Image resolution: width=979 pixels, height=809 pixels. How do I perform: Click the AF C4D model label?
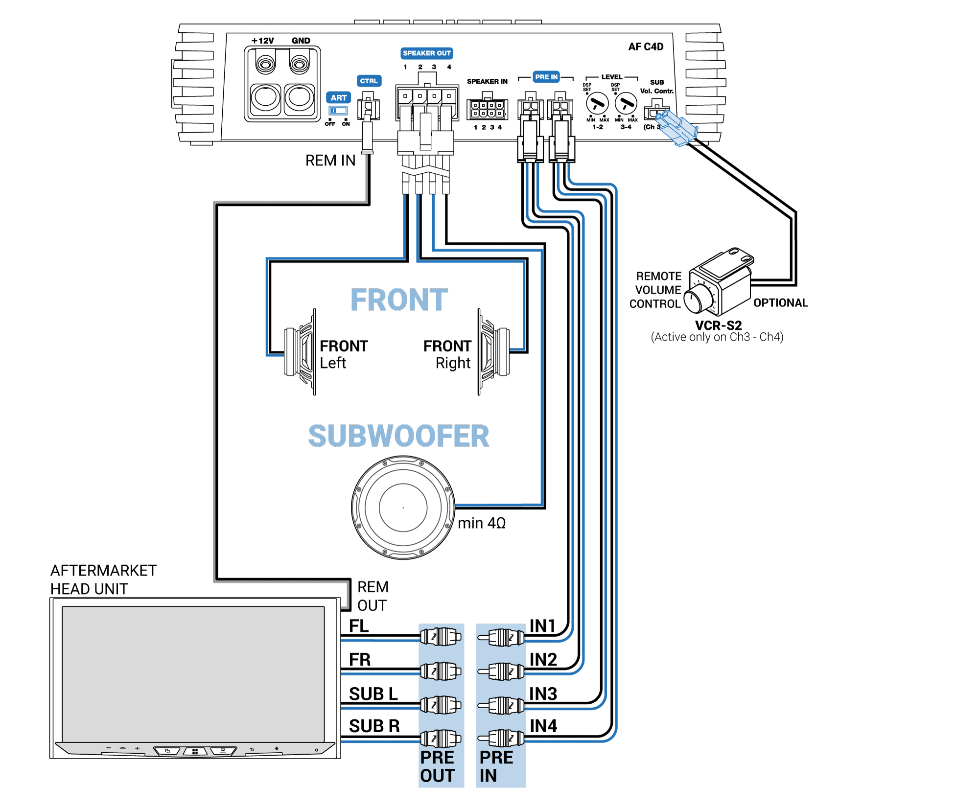coord(646,46)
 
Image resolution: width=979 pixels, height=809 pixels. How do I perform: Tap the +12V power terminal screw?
coord(265,64)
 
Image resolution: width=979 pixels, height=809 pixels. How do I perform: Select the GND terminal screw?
coord(299,64)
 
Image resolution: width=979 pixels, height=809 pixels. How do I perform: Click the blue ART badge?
coord(338,97)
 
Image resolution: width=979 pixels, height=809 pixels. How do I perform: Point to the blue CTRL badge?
coord(369,81)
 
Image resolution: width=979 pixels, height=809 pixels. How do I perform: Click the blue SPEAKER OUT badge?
coord(426,53)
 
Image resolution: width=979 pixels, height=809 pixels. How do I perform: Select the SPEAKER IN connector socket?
coord(487,109)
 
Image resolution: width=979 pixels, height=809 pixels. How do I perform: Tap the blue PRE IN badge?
coord(546,77)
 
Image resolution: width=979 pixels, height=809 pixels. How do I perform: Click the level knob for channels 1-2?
coord(597,104)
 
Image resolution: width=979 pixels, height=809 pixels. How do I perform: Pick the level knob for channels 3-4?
coord(626,104)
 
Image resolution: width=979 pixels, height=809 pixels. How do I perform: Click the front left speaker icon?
coord(300,351)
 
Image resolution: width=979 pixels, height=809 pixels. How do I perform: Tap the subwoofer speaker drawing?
coord(403,508)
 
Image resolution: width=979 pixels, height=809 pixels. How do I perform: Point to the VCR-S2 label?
coord(718,325)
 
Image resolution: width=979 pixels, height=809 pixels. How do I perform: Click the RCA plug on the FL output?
coord(441,637)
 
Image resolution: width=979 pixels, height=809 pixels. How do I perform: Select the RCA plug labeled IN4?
coord(502,738)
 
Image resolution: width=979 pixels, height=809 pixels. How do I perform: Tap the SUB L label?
coord(373,694)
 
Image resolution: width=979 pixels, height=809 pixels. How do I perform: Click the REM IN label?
coord(330,161)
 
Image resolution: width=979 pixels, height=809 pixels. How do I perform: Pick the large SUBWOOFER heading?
coord(398,436)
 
